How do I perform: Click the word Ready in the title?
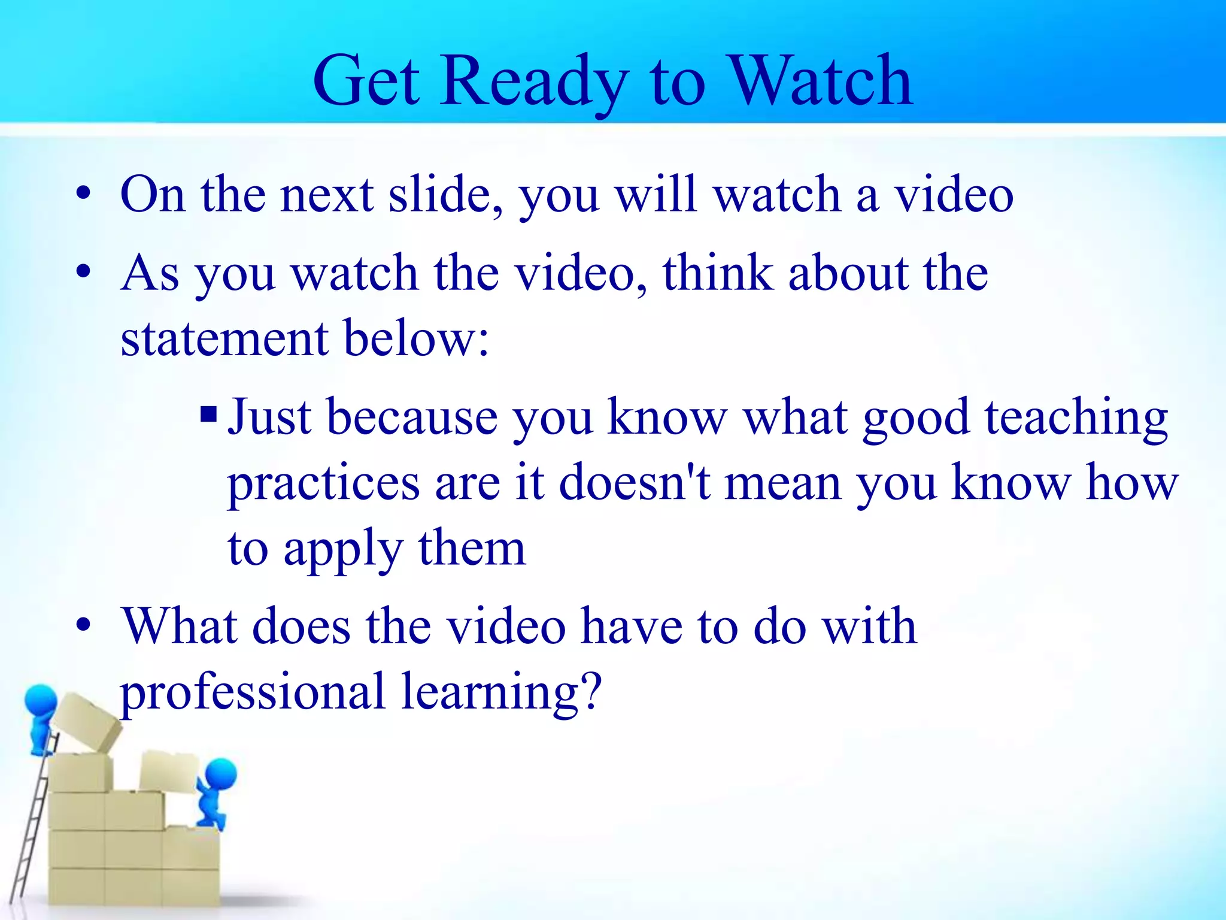tap(533, 81)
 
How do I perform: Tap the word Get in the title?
tap(366, 81)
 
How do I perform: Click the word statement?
tap(224, 338)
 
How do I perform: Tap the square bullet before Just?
tap(208, 413)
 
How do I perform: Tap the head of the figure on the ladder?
tap(41, 701)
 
